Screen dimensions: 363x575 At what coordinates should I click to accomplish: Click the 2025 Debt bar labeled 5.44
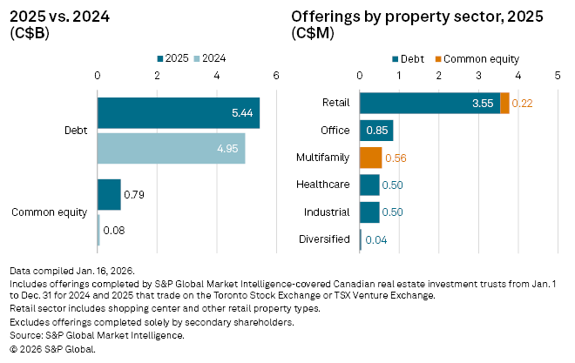click(178, 113)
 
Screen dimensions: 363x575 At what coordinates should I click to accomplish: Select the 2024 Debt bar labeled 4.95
click(171, 149)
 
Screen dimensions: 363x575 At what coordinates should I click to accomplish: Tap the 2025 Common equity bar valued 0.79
click(109, 195)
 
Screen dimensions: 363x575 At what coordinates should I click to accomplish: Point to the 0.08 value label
click(113, 231)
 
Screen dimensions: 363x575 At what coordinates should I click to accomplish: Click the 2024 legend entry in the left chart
click(213, 59)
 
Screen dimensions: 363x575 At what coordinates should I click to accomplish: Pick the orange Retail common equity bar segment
click(505, 103)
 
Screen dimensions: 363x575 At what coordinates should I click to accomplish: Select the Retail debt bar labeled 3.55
click(430, 103)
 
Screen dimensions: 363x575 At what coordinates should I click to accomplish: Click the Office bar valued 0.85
click(376, 131)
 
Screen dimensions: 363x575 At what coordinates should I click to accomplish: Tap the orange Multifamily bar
click(370, 158)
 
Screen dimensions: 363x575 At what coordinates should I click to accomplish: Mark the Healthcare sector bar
click(369, 185)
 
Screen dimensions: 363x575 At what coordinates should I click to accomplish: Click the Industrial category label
click(328, 212)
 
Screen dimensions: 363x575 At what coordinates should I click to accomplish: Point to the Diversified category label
click(324, 239)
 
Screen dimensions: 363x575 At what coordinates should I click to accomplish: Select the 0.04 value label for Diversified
click(375, 239)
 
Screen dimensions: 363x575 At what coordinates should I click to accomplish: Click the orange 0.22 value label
click(522, 104)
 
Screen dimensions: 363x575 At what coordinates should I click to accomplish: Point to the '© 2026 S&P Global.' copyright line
click(52, 348)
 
